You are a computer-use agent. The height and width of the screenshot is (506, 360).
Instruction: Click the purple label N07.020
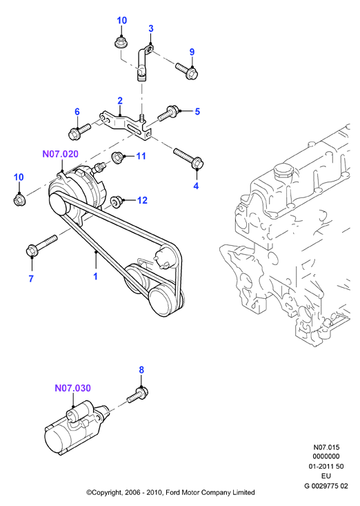pyautogui.click(x=60, y=154)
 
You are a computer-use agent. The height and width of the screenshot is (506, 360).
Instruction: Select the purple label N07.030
pyautogui.click(x=73, y=388)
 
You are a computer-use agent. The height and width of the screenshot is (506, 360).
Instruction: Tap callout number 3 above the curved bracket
pyautogui.click(x=151, y=29)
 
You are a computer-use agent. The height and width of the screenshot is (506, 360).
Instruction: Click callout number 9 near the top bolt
pyautogui.click(x=192, y=52)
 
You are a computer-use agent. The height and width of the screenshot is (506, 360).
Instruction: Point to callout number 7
pyautogui.click(x=31, y=278)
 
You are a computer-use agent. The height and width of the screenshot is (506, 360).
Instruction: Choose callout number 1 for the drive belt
pyautogui.click(x=95, y=277)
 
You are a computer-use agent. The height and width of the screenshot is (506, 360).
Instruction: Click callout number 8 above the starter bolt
pyautogui.click(x=141, y=370)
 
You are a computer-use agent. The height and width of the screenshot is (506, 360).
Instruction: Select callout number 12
pyautogui.click(x=142, y=200)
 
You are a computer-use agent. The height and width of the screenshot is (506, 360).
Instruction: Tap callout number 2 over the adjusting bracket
pyautogui.click(x=120, y=101)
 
